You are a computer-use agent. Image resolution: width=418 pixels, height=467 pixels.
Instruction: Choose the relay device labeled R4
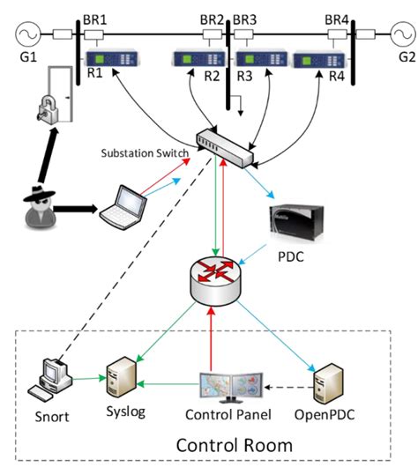319,62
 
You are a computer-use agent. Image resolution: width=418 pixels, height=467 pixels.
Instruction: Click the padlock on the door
43,109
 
